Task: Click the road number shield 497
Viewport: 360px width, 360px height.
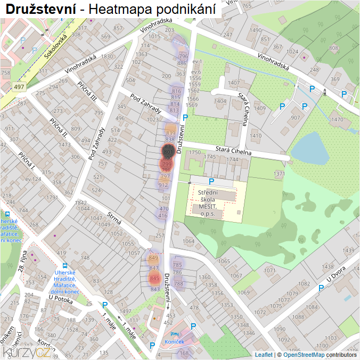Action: pos(19,87)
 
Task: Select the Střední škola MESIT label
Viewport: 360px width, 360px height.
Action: pos(211,203)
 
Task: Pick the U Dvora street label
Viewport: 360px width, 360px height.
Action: pos(337,275)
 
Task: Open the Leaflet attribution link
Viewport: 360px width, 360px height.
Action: pos(264,354)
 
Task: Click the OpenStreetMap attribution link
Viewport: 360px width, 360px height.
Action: pos(304,354)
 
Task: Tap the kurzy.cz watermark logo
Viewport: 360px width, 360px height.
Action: pos(27,351)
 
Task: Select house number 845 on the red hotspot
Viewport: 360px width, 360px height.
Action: pos(155,278)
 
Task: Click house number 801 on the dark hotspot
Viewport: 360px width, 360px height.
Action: pos(168,152)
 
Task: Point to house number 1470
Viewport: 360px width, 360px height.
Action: pos(337,119)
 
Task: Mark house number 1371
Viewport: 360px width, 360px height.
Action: pos(279,174)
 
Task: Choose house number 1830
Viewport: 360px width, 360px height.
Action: pos(108,56)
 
